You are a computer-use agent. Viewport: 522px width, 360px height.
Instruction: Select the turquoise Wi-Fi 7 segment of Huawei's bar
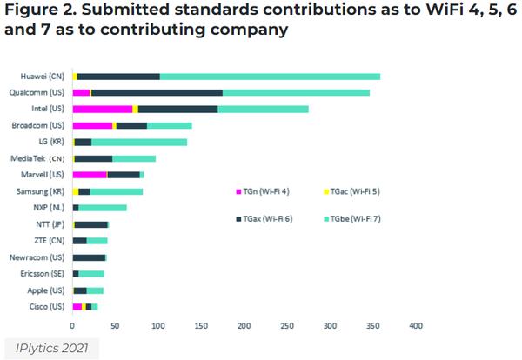click(x=270, y=77)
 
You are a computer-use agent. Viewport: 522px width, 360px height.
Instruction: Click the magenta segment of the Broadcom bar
click(x=92, y=125)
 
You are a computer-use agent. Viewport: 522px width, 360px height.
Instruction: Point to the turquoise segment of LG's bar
click(x=139, y=142)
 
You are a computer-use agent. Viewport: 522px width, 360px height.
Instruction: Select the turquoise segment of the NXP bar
click(x=103, y=208)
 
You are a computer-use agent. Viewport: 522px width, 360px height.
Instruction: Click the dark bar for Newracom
click(x=89, y=257)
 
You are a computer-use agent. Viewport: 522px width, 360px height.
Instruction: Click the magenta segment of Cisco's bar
click(x=77, y=307)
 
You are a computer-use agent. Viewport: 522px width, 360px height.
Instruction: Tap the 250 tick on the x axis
click(x=287, y=326)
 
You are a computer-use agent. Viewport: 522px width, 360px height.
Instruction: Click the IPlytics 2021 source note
click(x=50, y=347)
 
